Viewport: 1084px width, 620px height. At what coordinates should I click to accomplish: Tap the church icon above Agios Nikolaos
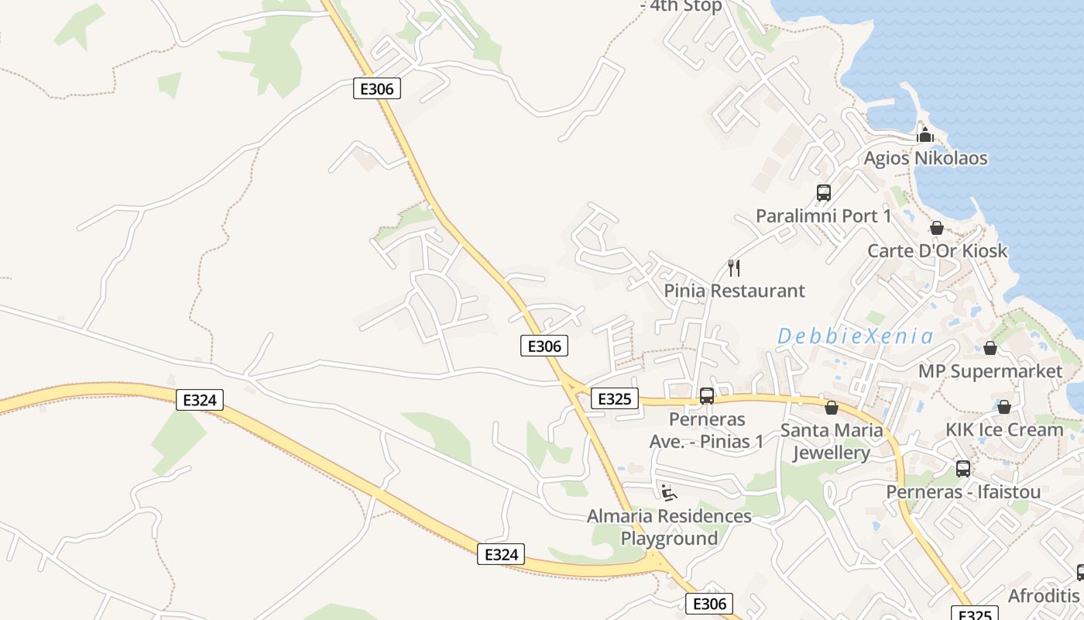point(924,135)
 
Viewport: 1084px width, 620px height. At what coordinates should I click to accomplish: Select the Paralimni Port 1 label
point(823,215)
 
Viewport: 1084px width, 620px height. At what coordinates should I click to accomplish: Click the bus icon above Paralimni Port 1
point(823,193)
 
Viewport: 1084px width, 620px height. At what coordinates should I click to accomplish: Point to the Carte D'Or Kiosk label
point(937,250)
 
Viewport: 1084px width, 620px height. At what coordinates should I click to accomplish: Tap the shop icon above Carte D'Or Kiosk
point(937,228)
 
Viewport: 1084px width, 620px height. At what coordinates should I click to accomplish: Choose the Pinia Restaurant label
point(734,291)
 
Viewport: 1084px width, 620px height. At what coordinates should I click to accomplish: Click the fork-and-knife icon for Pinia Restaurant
point(734,268)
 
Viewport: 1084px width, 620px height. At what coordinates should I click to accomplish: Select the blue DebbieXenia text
point(855,336)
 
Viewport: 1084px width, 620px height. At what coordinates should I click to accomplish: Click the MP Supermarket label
point(990,371)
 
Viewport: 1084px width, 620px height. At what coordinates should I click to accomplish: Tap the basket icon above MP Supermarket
point(990,348)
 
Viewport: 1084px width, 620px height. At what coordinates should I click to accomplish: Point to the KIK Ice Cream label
point(1003,429)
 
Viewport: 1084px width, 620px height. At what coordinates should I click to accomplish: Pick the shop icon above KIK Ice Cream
point(1003,407)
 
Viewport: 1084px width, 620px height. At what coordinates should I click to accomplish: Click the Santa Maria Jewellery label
point(831,441)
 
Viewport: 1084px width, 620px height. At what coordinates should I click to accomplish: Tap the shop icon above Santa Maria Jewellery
point(831,407)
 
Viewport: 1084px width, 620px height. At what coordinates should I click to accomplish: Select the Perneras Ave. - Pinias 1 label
point(706,430)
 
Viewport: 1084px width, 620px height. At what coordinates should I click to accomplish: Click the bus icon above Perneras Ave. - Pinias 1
point(706,396)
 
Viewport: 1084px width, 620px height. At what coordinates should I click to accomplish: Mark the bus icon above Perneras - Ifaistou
point(962,469)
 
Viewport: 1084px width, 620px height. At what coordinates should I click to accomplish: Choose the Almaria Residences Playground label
point(669,527)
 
